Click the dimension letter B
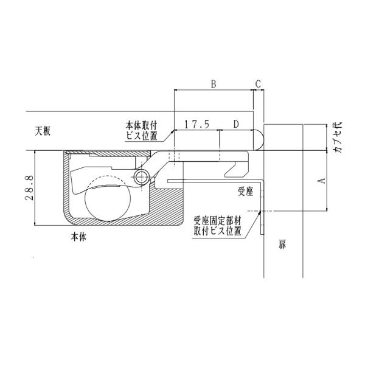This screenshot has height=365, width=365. point(214,84)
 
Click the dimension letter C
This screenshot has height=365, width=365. point(258,84)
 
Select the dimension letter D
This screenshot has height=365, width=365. point(236,124)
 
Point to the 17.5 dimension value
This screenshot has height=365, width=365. point(197,124)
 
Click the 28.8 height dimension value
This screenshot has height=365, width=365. point(30,188)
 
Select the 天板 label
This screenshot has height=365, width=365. point(43,131)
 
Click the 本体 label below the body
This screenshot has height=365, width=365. point(78,237)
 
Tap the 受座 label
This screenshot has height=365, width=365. point(245,192)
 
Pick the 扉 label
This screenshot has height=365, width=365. point(282,245)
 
